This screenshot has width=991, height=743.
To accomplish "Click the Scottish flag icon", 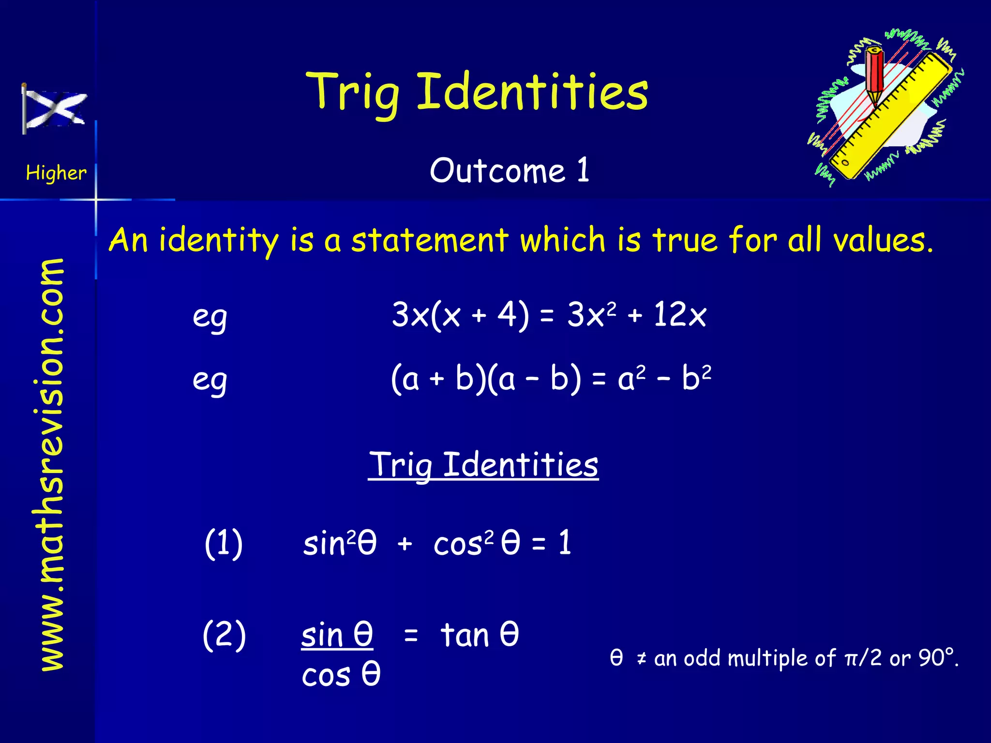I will click(x=54, y=109).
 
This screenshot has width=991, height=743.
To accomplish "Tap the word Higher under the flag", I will click(x=56, y=173).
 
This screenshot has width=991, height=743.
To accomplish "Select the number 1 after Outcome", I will click(x=583, y=170).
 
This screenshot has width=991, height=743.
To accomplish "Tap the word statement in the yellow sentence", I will click(x=430, y=240).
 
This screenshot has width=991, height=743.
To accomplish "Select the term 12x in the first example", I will click(x=679, y=314).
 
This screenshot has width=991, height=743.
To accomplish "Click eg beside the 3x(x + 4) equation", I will click(x=210, y=318).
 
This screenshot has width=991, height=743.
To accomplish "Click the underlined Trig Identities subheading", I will click(x=483, y=465).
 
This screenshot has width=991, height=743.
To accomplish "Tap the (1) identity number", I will click(x=224, y=543).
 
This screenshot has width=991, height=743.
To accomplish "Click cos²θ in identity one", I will click(x=477, y=543).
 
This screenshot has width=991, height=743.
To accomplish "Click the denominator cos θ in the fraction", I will click(x=341, y=674).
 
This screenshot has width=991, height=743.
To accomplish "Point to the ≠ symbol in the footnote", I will click(x=642, y=658).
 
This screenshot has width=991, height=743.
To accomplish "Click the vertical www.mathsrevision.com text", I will click(x=52, y=464).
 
